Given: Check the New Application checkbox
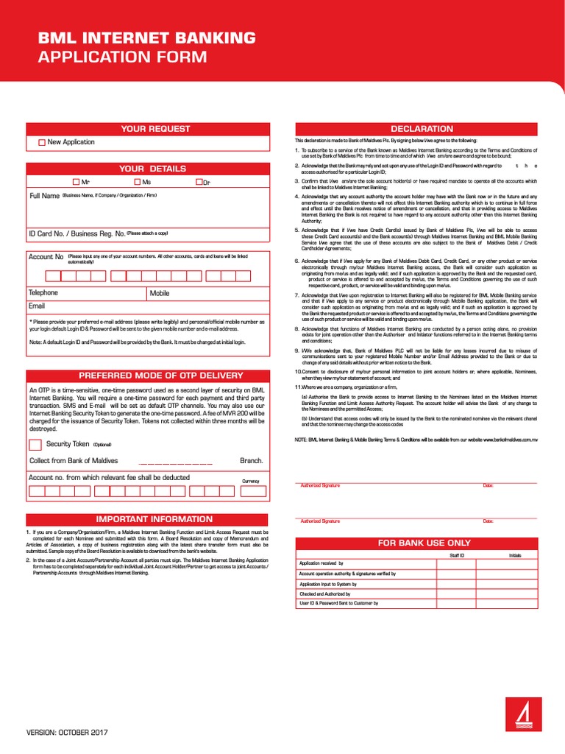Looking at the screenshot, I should tap(42, 142).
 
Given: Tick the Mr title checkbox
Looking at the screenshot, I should tap(77, 181).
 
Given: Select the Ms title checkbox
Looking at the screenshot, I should tap(138, 181).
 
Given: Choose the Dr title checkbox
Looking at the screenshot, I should tap(199, 181).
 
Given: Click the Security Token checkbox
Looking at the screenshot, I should tap(35, 444).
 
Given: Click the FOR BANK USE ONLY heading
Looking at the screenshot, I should tap(424, 543).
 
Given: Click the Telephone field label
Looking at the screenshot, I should tap(43, 293).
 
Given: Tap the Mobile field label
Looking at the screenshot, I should tap(160, 293).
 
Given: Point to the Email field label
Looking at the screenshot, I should tap(37, 306).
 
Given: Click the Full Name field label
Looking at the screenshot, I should tap(44, 196).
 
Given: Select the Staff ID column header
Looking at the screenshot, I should tap(457, 555).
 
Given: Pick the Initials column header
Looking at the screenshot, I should tap(515, 555).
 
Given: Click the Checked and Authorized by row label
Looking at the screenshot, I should tap(324, 593).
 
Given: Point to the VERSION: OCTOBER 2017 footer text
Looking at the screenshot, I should tap(67, 733).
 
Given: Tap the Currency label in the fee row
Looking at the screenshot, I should tap(251, 481).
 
